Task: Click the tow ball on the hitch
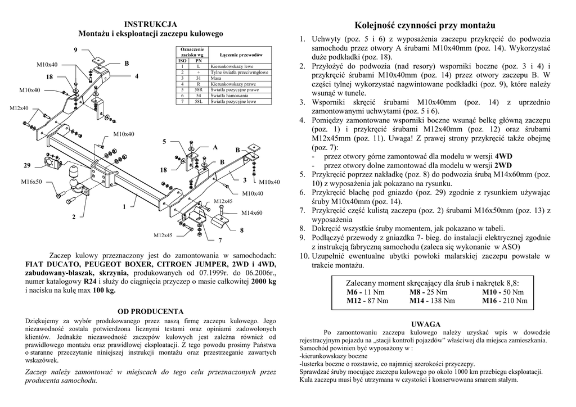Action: [74, 171]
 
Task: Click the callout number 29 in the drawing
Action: [27, 165]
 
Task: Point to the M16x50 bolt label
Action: [31, 182]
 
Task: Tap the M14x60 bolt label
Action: [252, 212]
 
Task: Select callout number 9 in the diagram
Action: [75, 51]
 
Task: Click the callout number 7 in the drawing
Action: [220, 240]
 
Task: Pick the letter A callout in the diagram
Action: [214, 147]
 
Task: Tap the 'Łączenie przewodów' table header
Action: [241, 55]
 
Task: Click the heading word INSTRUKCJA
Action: [150, 24]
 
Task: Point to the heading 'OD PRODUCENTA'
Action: [150, 311]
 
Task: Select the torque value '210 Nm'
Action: [517, 301]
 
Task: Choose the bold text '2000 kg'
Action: [263, 281]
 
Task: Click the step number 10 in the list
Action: [304, 256]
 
